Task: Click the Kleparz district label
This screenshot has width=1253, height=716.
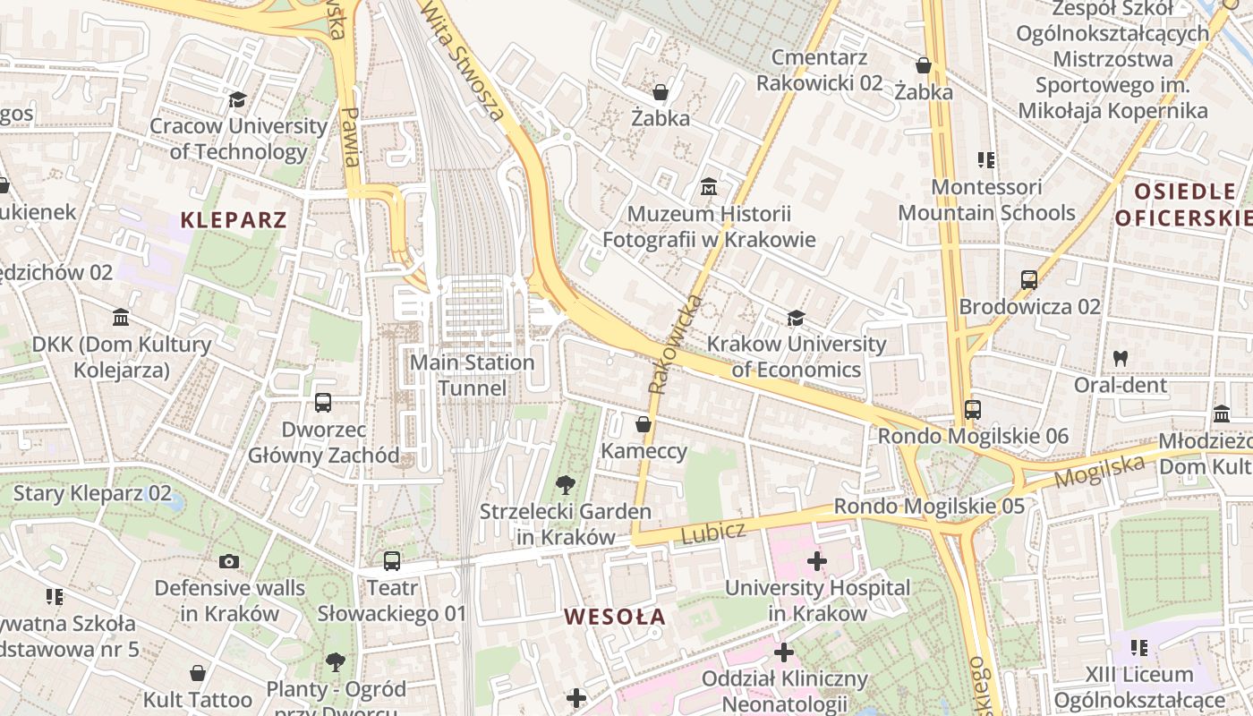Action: pyautogui.click(x=234, y=220)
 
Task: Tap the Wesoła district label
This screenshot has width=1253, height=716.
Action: pyautogui.click(x=615, y=617)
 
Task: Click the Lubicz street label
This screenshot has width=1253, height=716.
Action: pyautogui.click(x=712, y=533)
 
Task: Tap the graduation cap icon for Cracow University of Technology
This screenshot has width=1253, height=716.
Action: pyautogui.click(x=237, y=99)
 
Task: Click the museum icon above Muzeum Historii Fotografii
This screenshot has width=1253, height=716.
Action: pyautogui.click(x=709, y=187)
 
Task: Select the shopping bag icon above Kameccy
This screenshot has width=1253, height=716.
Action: pyautogui.click(x=643, y=424)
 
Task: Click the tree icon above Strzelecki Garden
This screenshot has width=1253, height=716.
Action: pyautogui.click(x=565, y=485)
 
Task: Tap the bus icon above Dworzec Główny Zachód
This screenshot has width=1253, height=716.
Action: pyautogui.click(x=323, y=403)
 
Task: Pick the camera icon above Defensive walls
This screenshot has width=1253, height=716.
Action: pyautogui.click(x=229, y=562)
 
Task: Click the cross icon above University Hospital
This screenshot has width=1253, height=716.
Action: pyautogui.click(x=816, y=561)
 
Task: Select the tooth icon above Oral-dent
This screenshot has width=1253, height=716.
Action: pyautogui.click(x=1120, y=358)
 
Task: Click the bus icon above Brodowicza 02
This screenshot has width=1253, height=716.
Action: pyautogui.click(x=1029, y=280)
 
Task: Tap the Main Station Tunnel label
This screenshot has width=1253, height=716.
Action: pyautogui.click(x=472, y=375)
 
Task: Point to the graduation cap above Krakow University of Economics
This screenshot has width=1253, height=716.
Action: pyautogui.click(x=796, y=318)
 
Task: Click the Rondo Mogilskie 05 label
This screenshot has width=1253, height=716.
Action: pyautogui.click(x=929, y=507)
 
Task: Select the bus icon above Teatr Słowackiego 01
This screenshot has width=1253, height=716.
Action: pyautogui.click(x=391, y=561)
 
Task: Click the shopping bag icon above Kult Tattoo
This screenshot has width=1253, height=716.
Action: pyautogui.click(x=198, y=673)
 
